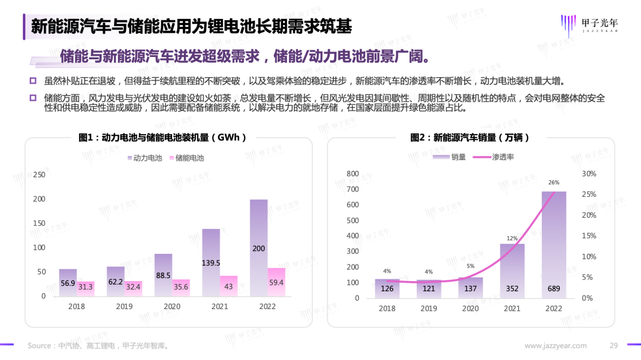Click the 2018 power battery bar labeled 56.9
tap(68, 282)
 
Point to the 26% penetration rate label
tap(554, 183)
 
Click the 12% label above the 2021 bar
tap(512, 238)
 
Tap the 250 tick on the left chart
tap(40, 174)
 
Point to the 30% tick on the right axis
tap(589, 174)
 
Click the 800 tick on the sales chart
tap(353, 174)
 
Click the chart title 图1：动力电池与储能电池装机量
tap(162, 137)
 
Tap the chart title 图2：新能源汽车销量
tap(469, 137)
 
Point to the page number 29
tap(614, 346)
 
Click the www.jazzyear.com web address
tap(556, 346)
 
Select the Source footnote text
tap(98, 346)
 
